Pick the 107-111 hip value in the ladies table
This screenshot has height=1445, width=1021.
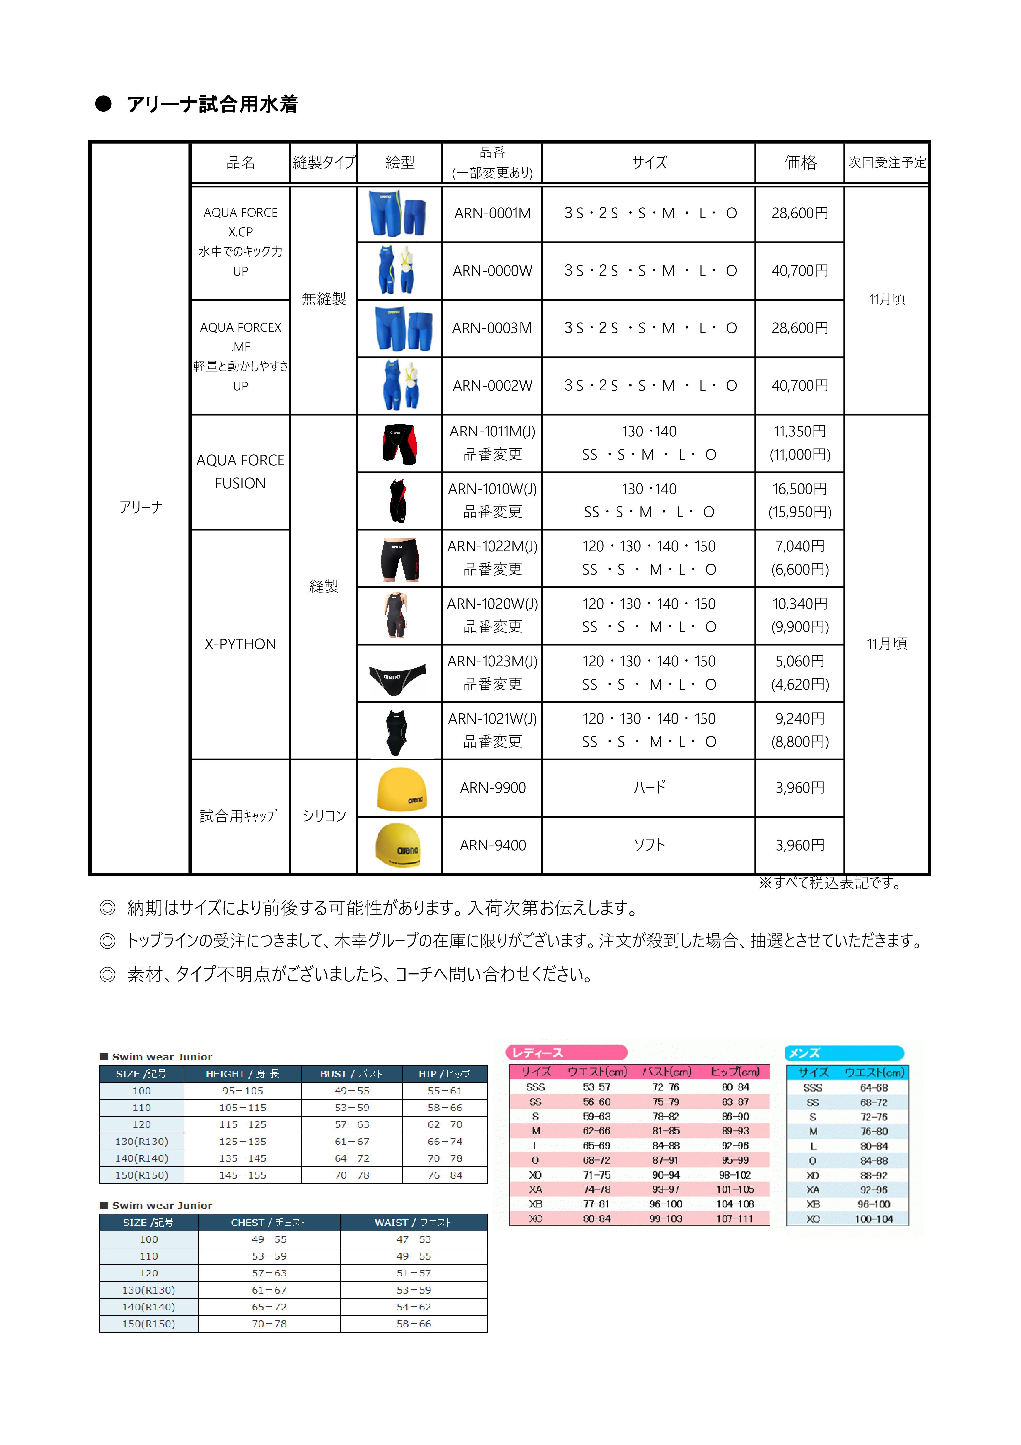pos(734,1218)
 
